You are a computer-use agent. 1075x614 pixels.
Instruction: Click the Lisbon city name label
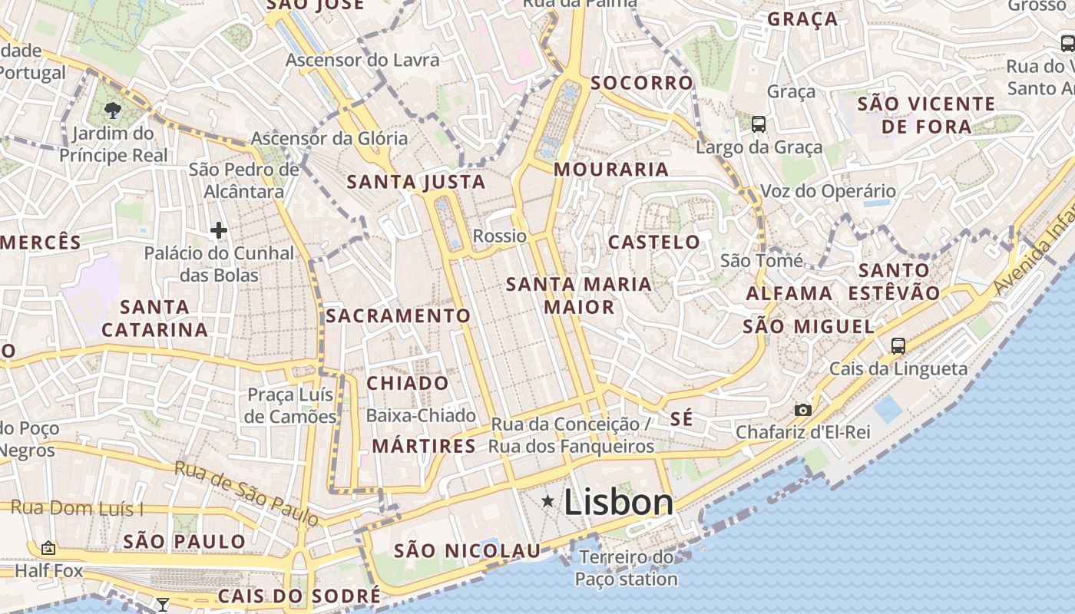618,503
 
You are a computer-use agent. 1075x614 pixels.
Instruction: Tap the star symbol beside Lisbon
548,501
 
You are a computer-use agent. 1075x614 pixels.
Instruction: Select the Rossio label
500,236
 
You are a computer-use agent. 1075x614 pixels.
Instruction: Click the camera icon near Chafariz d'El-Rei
803,410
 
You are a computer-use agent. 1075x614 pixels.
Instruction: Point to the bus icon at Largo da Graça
759,124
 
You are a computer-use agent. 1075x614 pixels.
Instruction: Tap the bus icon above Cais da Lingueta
898,345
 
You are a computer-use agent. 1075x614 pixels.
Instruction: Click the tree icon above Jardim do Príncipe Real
114,110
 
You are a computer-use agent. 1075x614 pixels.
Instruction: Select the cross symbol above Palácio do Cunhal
219,229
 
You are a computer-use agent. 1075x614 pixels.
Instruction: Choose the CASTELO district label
654,243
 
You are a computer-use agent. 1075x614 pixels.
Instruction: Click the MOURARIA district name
611,170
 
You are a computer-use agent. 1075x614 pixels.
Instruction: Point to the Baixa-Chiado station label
421,416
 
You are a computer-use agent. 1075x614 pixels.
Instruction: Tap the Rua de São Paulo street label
246,494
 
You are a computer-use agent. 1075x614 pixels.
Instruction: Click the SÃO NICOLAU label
467,550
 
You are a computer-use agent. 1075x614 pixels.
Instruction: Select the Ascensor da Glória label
329,139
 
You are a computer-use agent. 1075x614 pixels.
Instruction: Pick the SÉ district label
681,419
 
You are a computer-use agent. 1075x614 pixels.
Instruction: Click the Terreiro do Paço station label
627,568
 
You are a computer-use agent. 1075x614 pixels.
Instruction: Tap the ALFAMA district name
789,293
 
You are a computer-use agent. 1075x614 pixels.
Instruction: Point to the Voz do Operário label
828,191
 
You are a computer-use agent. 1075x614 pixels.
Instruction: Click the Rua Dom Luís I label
77,508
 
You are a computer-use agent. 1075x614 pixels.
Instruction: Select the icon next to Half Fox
48,548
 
